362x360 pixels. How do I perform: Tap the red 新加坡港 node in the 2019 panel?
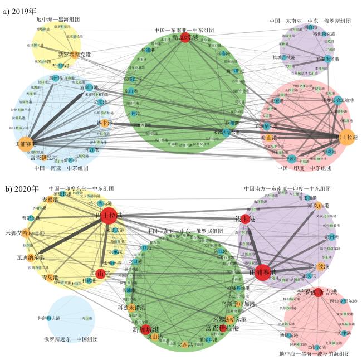pos(185,38)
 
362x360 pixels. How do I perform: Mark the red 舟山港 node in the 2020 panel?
pos(100,274)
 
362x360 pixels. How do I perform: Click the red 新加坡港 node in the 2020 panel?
pos(146,329)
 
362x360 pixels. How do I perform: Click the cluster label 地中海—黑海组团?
pos(58,20)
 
